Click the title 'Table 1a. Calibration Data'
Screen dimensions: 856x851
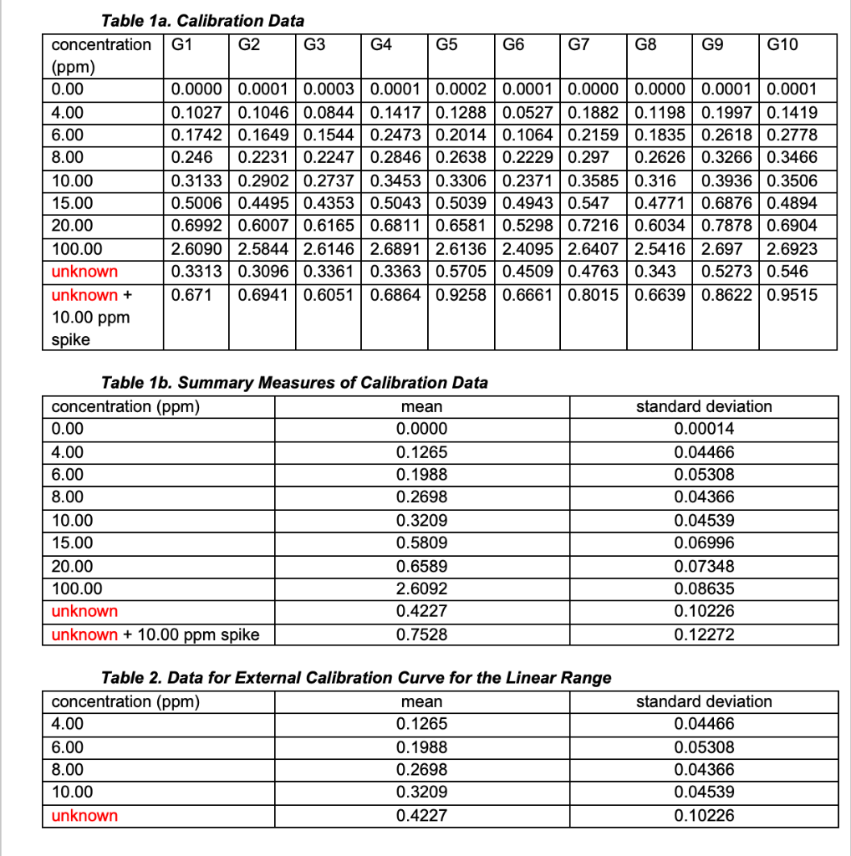coord(202,20)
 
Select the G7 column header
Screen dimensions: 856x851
coord(578,44)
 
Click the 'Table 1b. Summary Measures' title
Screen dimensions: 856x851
coord(293,383)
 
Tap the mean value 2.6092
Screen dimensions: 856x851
coord(421,588)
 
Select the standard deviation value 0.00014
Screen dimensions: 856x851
coord(704,429)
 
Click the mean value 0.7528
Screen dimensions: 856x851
coord(421,634)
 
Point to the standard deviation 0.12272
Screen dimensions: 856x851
coord(704,634)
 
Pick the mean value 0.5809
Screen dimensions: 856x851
coord(421,543)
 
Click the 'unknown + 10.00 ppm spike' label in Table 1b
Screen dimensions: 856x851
coord(155,634)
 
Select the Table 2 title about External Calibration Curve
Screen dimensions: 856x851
coord(355,678)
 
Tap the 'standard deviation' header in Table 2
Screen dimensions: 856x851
coord(704,701)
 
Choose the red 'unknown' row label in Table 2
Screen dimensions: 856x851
coord(84,816)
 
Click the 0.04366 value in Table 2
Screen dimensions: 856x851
coord(704,770)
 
